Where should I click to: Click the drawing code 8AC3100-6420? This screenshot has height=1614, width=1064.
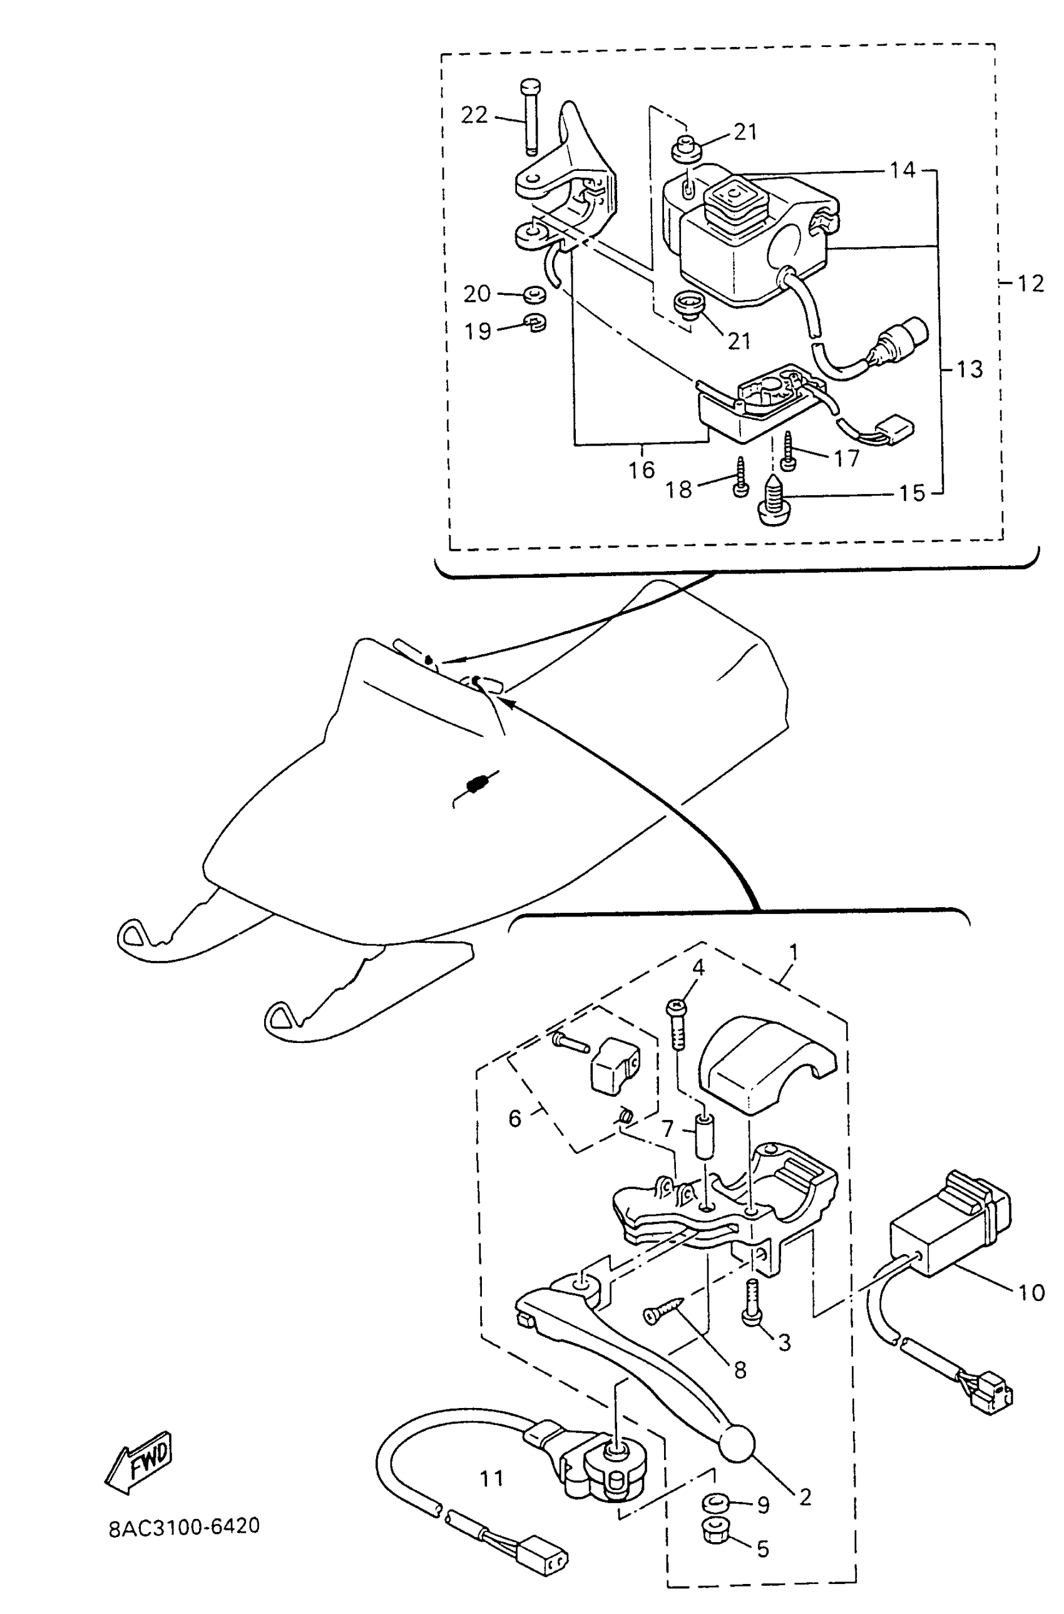point(184,1526)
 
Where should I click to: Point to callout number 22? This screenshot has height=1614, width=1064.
point(474,115)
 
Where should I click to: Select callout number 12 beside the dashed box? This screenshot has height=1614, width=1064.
point(1030,282)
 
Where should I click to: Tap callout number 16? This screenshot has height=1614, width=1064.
point(642,470)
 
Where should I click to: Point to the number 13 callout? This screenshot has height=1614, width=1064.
point(969,369)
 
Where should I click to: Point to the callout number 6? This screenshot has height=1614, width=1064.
point(515,1118)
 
